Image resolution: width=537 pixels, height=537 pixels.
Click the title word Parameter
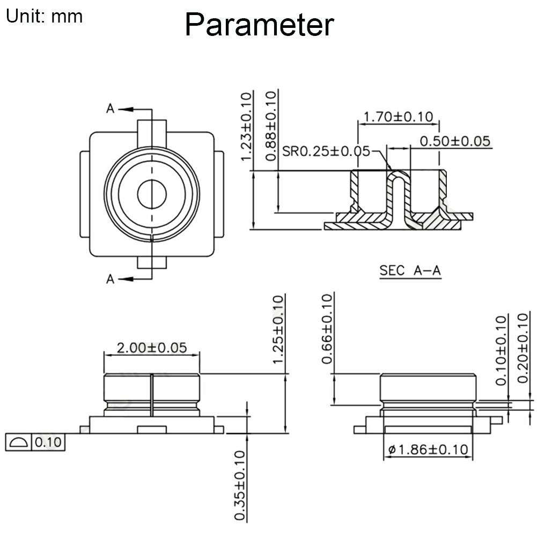pos(259,25)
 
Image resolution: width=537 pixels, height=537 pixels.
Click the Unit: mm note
pos(44,16)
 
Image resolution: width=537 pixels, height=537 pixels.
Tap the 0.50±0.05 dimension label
pos(455,141)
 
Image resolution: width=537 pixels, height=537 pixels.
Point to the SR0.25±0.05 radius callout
pos(326,151)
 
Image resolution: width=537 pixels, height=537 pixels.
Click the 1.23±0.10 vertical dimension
pos(246,127)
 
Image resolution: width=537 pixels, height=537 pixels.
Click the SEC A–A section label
pos(410,271)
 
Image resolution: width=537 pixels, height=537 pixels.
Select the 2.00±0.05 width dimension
pos(152,348)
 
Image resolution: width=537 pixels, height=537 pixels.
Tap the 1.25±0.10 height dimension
pos(278,329)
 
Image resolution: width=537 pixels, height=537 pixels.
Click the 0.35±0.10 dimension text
pos(240,485)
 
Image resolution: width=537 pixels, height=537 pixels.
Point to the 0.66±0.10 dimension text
pos(327,329)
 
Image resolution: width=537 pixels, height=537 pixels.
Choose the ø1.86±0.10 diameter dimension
pos(428,450)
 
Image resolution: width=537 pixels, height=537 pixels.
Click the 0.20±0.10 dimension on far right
pos(525,349)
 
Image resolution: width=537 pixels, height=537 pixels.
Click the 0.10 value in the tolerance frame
pos(49,443)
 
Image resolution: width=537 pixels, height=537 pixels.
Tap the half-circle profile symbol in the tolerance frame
pos(19,443)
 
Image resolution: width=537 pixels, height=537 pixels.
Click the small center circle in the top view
pos(152,194)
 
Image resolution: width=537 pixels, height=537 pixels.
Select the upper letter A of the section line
pos(111,109)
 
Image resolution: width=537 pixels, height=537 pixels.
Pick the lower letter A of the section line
pos(111,279)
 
